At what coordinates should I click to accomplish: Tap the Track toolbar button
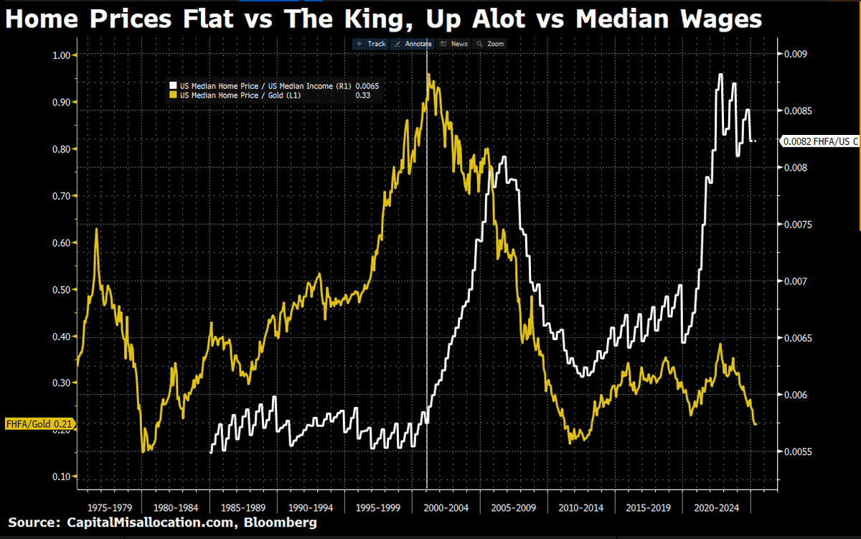[371, 44]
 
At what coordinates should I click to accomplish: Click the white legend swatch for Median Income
[173, 86]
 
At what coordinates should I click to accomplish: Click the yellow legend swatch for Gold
[173, 95]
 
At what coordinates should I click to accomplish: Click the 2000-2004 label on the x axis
[446, 507]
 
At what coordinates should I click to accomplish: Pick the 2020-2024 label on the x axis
[715, 507]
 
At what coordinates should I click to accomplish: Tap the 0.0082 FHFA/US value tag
[820, 141]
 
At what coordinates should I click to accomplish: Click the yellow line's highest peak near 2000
[428, 75]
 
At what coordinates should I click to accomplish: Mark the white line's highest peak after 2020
[720, 75]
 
